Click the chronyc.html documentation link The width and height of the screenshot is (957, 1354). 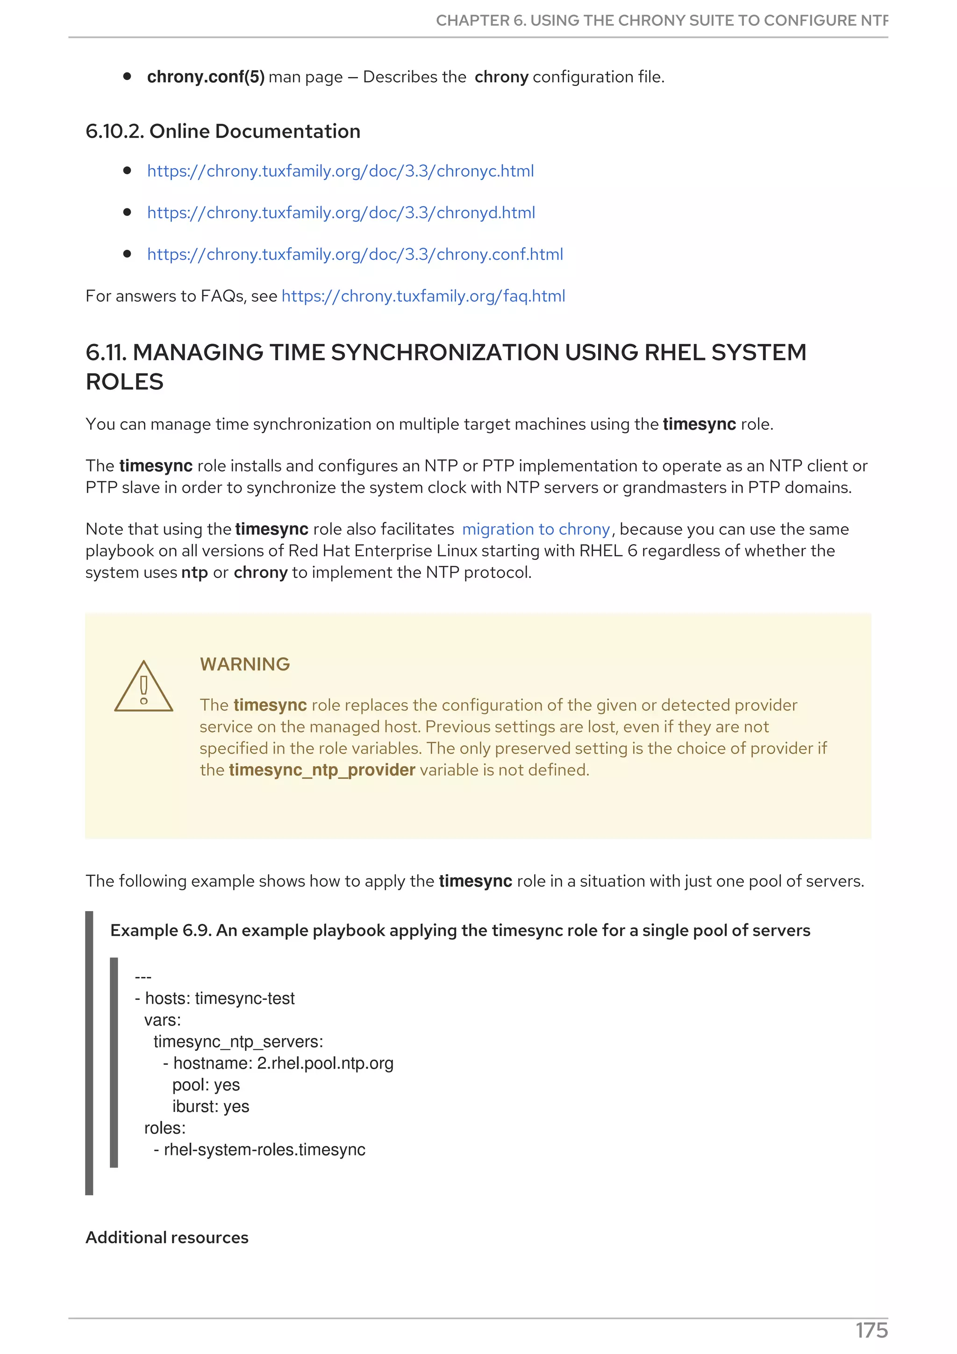click(340, 171)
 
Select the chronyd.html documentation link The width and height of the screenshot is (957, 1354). click(341, 213)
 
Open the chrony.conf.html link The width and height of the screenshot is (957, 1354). click(355, 254)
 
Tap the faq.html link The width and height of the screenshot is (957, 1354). click(423, 296)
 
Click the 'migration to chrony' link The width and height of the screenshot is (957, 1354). click(536, 529)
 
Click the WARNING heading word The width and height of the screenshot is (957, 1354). click(245, 664)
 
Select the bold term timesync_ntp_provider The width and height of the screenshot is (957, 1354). click(322, 770)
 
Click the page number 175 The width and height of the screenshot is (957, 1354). click(871, 1331)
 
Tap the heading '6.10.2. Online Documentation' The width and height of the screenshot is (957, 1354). click(223, 131)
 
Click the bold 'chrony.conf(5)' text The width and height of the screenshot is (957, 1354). click(206, 77)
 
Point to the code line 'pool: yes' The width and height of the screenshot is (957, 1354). click(206, 1085)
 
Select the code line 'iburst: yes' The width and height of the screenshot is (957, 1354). click(210, 1106)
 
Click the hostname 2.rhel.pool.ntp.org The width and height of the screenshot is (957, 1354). click(325, 1063)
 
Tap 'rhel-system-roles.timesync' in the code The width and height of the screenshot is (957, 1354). click(264, 1149)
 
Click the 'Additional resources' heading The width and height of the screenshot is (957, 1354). click(167, 1237)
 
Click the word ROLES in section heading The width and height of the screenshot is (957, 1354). click(124, 382)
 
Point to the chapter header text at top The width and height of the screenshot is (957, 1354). click(661, 21)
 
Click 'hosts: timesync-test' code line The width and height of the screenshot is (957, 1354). click(219, 998)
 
